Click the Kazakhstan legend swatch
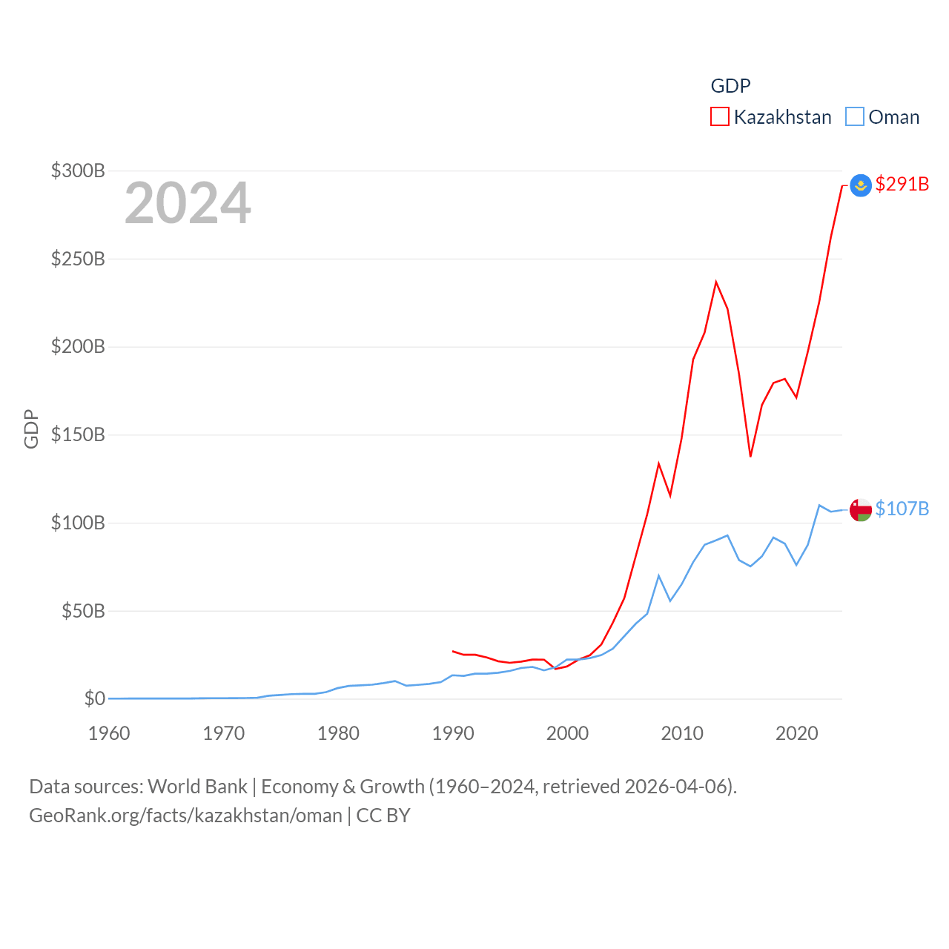pyautogui.click(x=719, y=117)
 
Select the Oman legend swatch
pyautogui.click(x=855, y=117)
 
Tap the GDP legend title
pyautogui.click(x=730, y=86)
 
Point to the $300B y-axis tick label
pyautogui.click(x=78, y=171)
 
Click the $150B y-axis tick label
pyautogui.click(x=78, y=434)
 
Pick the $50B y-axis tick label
pyautogui.click(x=83, y=611)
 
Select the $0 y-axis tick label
pyautogui.click(x=94, y=698)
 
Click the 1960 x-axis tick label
pyautogui.click(x=109, y=733)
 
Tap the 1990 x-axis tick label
pyautogui.click(x=453, y=733)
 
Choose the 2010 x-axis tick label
pyautogui.click(x=682, y=733)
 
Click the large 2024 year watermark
pyautogui.click(x=188, y=203)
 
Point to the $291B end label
pyautogui.click(x=902, y=184)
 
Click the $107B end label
pyautogui.click(x=902, y=509)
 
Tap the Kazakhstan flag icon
pyautogui.click(x=860, y=185)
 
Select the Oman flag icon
pyautogui.click(x=860, y=510)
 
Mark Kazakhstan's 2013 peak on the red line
pyautogui.click(x=716, y=282)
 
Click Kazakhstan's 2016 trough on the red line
pyautogui.click(x=750, y=456)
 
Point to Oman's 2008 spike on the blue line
pyautogui.click(x=658, y=575)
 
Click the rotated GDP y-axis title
pyautogui.click(x=31, y=429)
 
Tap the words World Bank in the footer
pyautogui.click(x=197, y=786)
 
